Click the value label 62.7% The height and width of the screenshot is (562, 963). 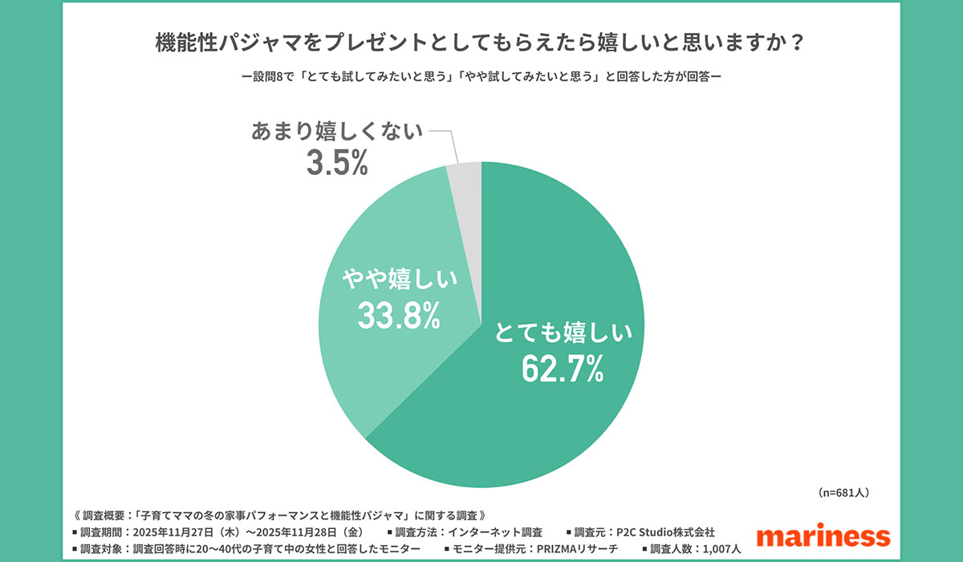pyautogui.click(x=562, y=369)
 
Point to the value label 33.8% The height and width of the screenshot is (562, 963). pyautogui.click(x=399, y=315)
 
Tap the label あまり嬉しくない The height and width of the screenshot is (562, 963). pyautogui.click(x=336, y=130)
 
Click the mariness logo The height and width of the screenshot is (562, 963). pyautogui.click(x=823, y=536)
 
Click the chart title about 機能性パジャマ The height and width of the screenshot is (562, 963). pyautogui.click(x=480, y=43)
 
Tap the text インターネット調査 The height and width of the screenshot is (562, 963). pyautogui.click(x=495, y=531)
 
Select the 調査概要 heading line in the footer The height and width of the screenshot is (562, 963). pyautogui.click(x=281, y=514)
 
